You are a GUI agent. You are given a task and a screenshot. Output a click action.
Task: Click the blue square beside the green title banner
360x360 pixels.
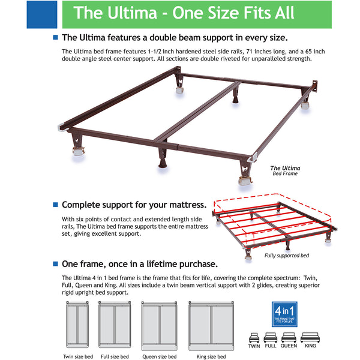tap(41, 14)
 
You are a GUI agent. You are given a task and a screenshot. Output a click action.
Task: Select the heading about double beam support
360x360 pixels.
tap(175, 37)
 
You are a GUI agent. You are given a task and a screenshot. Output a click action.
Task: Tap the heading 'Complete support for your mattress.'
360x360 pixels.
tap(134, 205)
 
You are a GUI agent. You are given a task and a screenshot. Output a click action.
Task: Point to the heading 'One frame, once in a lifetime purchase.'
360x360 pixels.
tap(139, 264)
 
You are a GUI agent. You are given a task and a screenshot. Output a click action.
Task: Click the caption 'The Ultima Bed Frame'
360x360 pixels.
tap(284, 171)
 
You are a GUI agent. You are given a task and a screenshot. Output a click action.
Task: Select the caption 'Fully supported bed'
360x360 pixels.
tap(287, 256)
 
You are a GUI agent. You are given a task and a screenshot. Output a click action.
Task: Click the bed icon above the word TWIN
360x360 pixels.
tap(254, 337)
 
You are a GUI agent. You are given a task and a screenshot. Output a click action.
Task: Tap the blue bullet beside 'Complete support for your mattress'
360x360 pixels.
tap(56, 205)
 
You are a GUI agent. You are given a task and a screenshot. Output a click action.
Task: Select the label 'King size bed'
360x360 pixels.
tap(210, 356)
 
